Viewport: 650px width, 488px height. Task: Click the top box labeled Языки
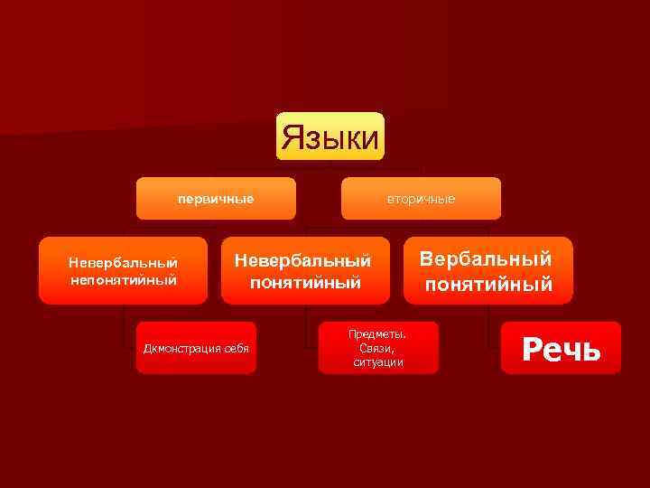pyautogui.click(x=330, y=136)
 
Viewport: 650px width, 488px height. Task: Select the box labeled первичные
pyautogui.click(x=216, y=198)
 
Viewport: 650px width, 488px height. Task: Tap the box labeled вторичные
pyautogui.click(x=421, y=198)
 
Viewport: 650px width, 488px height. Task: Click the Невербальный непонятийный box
pyautogui.click(x=123, y=270)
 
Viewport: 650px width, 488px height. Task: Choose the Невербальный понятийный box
pyautogui.click(x=305, y=270)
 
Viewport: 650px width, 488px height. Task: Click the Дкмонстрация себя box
pyautogui.click(x=196, y=348)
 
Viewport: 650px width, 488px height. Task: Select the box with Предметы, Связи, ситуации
pyautogui.click(x=378, y=348)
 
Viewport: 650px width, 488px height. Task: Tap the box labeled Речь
pyautogui.click(x=562, y=348)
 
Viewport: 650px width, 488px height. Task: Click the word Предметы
pyautogui.click(x=378, y=333)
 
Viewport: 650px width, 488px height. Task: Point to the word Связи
pyautogui.click(x=378, y=348)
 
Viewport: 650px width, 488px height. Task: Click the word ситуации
pyautogui.click(x=378, y=362)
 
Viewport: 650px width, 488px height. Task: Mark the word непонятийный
pyautogui.click(x=123, y=279)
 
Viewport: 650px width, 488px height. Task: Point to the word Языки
pyautogui.click(x=330, y=138)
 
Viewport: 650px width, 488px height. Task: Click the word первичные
pyautogui.click(x=216, y=198)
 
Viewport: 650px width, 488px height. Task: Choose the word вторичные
pyautogui.click(x=421, y=199)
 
